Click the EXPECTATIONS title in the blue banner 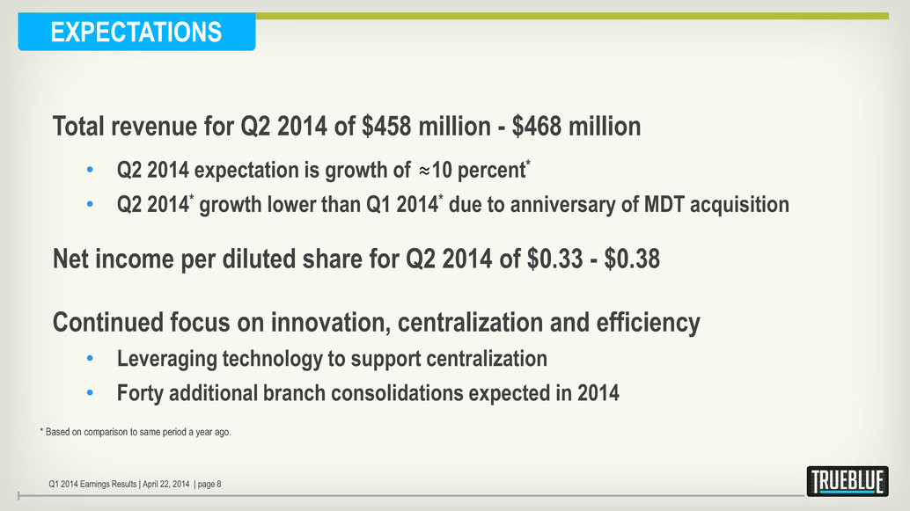coord(136,33)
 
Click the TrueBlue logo coord(847,481)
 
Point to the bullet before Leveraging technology coord(90,360)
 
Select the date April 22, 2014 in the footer coord(165,482)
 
